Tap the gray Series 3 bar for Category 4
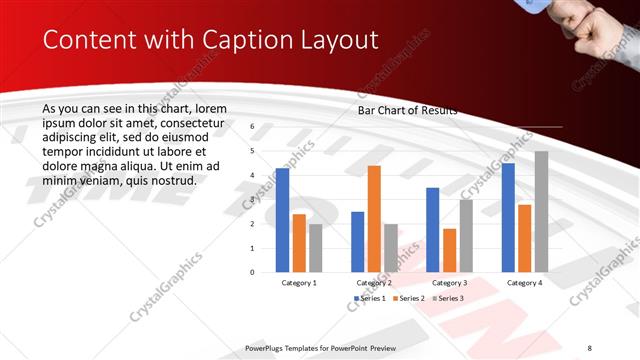[541, 211]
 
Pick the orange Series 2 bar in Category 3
[449, 250]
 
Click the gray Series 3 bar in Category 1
[315, 248]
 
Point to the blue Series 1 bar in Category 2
[358, 241]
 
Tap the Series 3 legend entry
[448, 298]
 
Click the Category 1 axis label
[299, 283]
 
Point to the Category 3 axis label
[449, 283]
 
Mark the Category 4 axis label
[524, 283]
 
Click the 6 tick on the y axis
[252, 127]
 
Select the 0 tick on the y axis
[252, 272]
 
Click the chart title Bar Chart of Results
[407, 111]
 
